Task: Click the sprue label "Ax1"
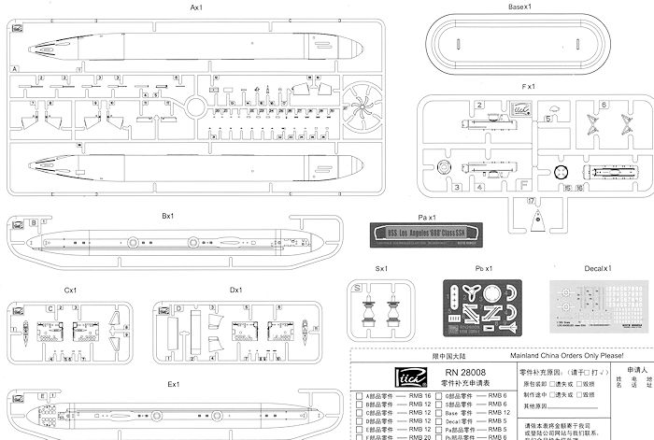[197, 7]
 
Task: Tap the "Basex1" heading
[520, 7]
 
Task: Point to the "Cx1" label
[70, 291]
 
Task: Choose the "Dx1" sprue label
[235, 291]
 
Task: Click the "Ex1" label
[173, 384]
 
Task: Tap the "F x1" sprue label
[529, 87]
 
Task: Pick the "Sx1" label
[381, 269]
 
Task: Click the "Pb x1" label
[484, 269]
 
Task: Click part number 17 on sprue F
[531, 201]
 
